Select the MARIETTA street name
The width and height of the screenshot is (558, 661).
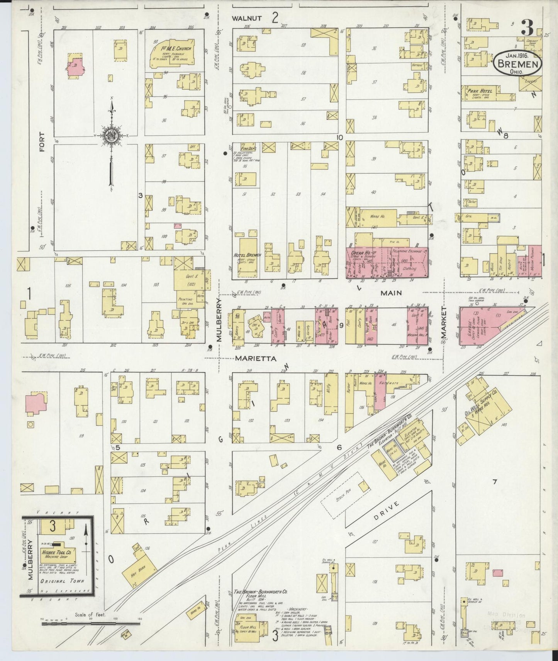[x=255, y=358]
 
